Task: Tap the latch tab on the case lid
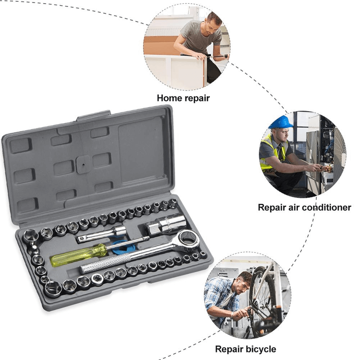coord(93,116)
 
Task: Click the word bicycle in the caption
coord(258,349)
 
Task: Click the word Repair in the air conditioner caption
coord(272,207)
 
